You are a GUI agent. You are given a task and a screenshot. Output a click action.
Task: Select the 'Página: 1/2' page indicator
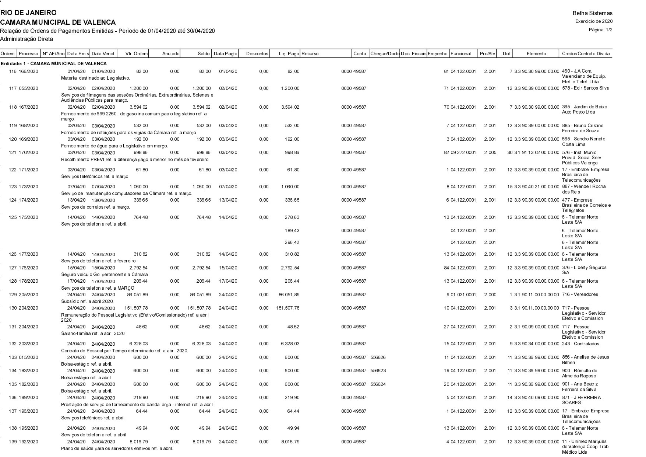click(601, 30)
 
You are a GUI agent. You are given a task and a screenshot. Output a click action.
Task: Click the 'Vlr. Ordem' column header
click(136, 54)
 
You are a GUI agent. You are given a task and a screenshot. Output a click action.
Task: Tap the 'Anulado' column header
click(171, 54)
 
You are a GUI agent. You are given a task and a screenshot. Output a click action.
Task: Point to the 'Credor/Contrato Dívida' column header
click(586, 54)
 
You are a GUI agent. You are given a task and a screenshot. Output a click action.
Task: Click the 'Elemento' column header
click(536, 54)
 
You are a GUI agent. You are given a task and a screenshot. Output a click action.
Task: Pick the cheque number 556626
click(378, 357)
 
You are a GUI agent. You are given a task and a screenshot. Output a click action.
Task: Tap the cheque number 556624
click(378, 384)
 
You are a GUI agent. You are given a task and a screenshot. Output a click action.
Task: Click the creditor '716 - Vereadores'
click(580, 295)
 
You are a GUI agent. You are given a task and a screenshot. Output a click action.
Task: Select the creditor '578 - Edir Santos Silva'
click(586, 88)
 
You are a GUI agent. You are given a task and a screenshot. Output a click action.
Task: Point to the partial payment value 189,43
click(292, 231)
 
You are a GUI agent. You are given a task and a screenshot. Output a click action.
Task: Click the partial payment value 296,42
click(292, 243)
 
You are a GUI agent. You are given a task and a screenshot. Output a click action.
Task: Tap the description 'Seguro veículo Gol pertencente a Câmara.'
click(105, 275)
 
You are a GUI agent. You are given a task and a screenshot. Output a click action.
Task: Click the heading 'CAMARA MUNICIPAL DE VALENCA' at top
click(58, 22)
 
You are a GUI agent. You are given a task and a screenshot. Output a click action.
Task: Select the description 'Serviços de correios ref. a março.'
click(95, 207)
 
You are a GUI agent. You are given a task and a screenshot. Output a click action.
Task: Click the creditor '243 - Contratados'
click(580, 344)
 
